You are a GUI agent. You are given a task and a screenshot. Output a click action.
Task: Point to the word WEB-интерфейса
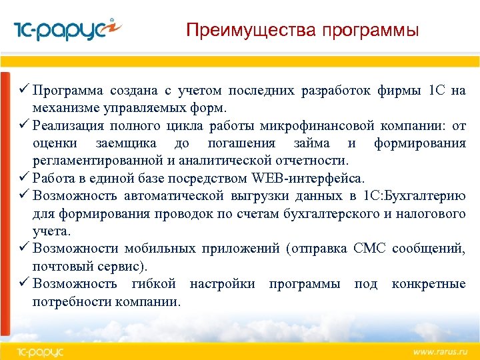click(308, 178)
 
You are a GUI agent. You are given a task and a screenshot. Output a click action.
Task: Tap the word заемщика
click(127, 143)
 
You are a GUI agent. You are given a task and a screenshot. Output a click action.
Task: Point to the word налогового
click(433, 213)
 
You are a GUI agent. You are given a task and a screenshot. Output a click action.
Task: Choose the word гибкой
click(154, 284)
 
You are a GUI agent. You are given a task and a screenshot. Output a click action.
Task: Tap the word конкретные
click(429, 284)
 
